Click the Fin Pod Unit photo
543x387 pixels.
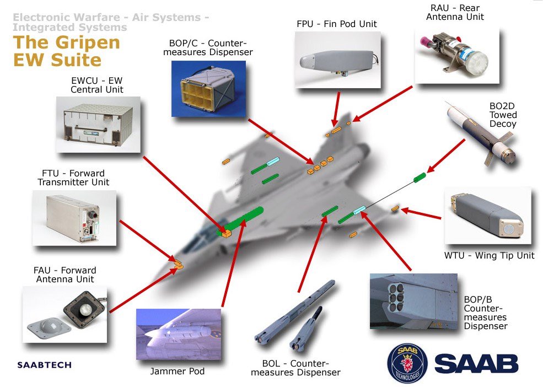point(337,59)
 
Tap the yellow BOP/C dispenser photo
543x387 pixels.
point(208,88)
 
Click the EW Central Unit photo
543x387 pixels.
point(98,124)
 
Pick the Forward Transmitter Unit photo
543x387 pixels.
point(74,218)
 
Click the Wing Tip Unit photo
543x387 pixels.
point(487,217)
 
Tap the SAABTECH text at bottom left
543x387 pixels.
point(44,365)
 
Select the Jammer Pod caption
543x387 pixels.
point(178,371)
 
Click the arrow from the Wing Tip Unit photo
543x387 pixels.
point(422,214)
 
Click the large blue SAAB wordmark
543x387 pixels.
point(476,363)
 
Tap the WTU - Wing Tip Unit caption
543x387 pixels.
point(489,255)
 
